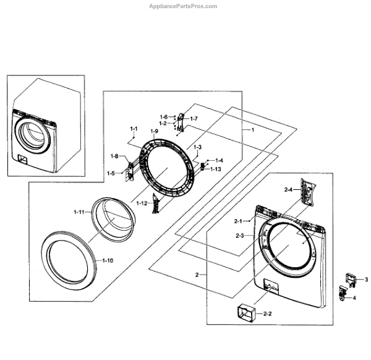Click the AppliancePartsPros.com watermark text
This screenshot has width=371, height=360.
[x=184, y=6]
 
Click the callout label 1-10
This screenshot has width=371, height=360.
[x=107, y=261]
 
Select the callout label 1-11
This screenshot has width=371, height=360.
[x=79, y=212]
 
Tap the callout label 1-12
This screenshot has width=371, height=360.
[x=142, y=204]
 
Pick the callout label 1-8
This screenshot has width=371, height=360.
[x=114, y=156]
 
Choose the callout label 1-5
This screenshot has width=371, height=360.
[x=111, y=173]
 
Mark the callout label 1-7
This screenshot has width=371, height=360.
[x=194, y=118]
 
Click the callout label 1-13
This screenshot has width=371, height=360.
[x=215, y=169]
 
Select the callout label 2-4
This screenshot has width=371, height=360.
[x=288, y=189]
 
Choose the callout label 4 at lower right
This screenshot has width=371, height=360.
[x=354, y=298]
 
